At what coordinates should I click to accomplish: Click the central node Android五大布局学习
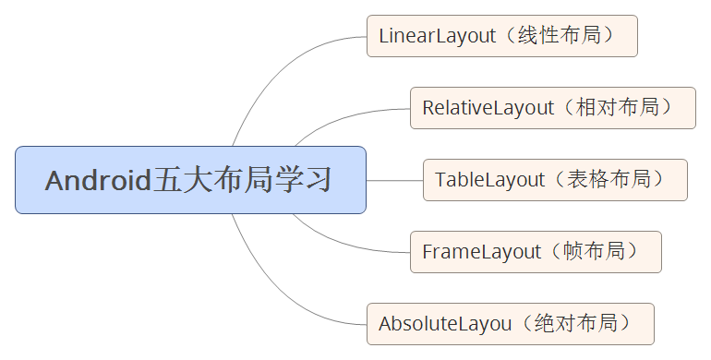tap(190, 180)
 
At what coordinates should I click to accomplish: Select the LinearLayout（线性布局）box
tap(501, 36)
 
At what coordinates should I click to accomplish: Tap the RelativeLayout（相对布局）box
tap(552, 108)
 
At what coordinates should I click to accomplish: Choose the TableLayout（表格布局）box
tap(555, 180)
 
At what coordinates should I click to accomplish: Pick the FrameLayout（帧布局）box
tap(536, 252)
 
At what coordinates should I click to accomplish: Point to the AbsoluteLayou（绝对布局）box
tap(510, 324)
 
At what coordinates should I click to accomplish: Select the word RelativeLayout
tap(488, 108)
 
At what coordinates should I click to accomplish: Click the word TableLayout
tap(489, 180)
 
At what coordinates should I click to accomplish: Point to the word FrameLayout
tap(480, 252)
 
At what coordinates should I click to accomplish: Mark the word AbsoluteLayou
tap(444, 324)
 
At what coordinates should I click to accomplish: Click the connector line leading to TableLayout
tap(394, 180)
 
